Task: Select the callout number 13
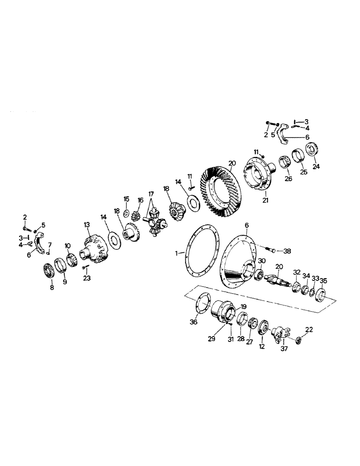click(86, 225)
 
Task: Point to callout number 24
click(317, 166)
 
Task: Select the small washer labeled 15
click(127, 213)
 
